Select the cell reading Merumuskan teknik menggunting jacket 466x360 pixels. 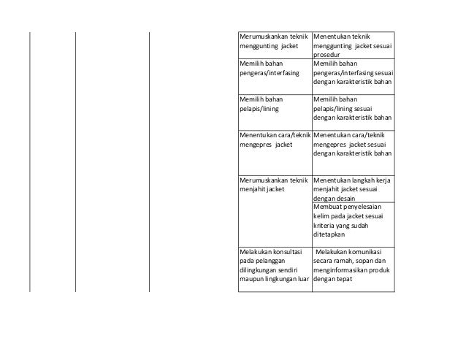[x=275, y=45]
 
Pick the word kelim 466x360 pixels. [x=321, y=217]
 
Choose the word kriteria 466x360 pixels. [x=324, y=226]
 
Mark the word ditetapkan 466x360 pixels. [x=330, y=235]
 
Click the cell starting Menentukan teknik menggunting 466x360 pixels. [x=352, y=45]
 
